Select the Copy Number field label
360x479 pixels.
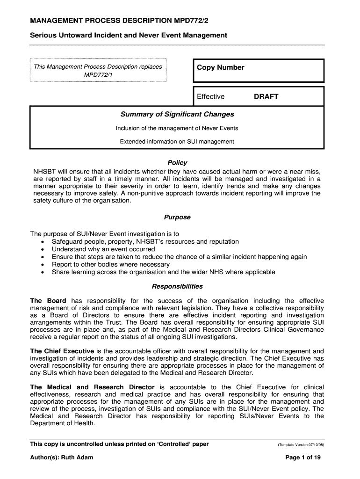pyautogui.click(x=220, y=67)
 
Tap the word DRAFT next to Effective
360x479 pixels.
pyautogui.click(x=266, y=96)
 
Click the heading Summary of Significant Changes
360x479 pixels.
pyautogui.click(x=177, y=114)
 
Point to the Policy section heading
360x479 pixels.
pyautogui.click(x=177, y=163)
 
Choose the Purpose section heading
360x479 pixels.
pyautogui.click(x=177, y=217)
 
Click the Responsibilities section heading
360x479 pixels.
pyautogui.click(x=177, y=286)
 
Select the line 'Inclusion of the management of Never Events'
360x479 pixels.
pyautogui.click(x=177, y=128)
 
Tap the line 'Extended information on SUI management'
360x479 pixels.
pyautogui.click(x=177, y=141)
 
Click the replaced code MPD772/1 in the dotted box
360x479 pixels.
pyautogui.click(x=98, y=75)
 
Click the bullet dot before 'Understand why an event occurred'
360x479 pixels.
pyautogui.click(x=43, y=250)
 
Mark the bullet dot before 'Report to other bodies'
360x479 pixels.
pyautogui.click(x=43, y=265)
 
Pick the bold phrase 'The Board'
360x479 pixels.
pyautogui.click(x=48, y=300)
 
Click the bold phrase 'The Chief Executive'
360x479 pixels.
pyautogui.click(x=62, y=351)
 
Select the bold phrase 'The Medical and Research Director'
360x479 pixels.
pyautogui.click(x=92, y=387)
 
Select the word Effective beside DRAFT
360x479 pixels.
pyautogui.click(x=210, y=96)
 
